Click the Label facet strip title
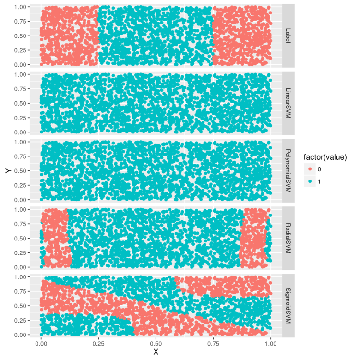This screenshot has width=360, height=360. tap(288, 36)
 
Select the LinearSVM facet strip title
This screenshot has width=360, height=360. tap(288, 103)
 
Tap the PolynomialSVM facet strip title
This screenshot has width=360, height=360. tap(288, 171)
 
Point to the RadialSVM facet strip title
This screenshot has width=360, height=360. tap(288, 238)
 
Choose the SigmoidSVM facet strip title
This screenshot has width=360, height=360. tap(288, 306)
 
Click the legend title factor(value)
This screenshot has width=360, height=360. tap(325, 157)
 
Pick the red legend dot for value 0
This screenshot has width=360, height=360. tap(310, 169)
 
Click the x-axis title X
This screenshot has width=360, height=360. tap(156, 352)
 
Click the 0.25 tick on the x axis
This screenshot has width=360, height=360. tap(98, 344)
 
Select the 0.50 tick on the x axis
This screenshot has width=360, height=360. tap(156, 344)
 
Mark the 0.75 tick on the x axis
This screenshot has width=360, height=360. tap(213, 344)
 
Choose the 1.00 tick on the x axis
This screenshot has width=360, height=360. tap(271, 344)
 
